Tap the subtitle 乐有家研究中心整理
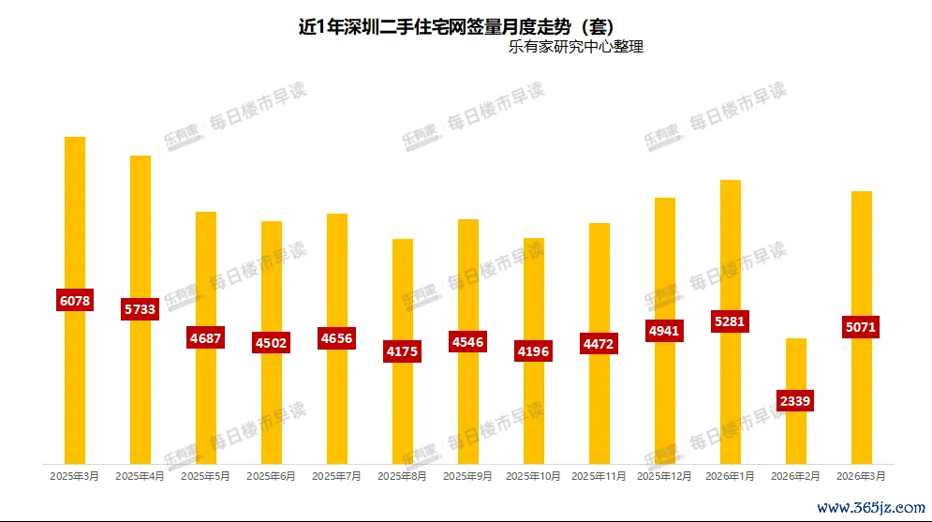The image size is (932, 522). [x=575, y=46]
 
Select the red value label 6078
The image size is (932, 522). [x=75, y=301]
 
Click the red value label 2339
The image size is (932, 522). [x=795, y=400]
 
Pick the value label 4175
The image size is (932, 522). [x=402, y=351]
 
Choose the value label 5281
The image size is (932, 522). [x=730, y=321]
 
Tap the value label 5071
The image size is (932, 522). [x=861, y=328]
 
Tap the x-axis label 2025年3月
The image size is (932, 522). [x=75, y=476]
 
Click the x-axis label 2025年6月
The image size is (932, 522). [x=272, y=476]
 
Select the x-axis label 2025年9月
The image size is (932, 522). [x=468, y=476]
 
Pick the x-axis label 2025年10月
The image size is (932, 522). [x=534, y=476]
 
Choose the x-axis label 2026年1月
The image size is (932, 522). [x=731, y=476]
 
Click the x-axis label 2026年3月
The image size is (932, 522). [x=862, y=476]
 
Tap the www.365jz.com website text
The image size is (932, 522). [x=870, y=508]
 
